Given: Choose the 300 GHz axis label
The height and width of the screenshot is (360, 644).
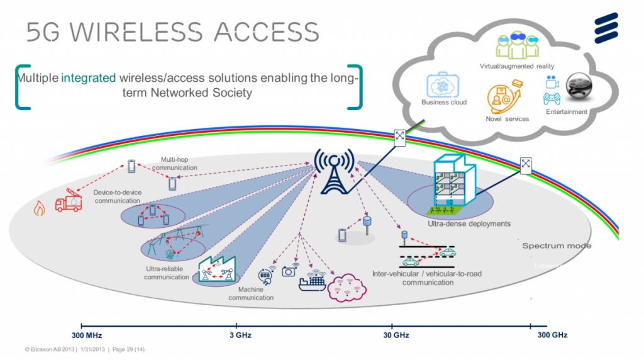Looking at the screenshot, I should (552, 335).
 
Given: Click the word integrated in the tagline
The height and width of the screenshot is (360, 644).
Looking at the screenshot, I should (89, 79).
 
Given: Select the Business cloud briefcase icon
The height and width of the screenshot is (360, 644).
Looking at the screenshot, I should (445, 85).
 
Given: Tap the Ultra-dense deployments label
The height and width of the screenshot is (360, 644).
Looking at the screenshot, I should (469, 223).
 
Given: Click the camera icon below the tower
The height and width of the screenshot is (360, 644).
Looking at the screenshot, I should (289, 271).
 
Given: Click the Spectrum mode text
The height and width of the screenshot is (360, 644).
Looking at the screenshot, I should (557, 245).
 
